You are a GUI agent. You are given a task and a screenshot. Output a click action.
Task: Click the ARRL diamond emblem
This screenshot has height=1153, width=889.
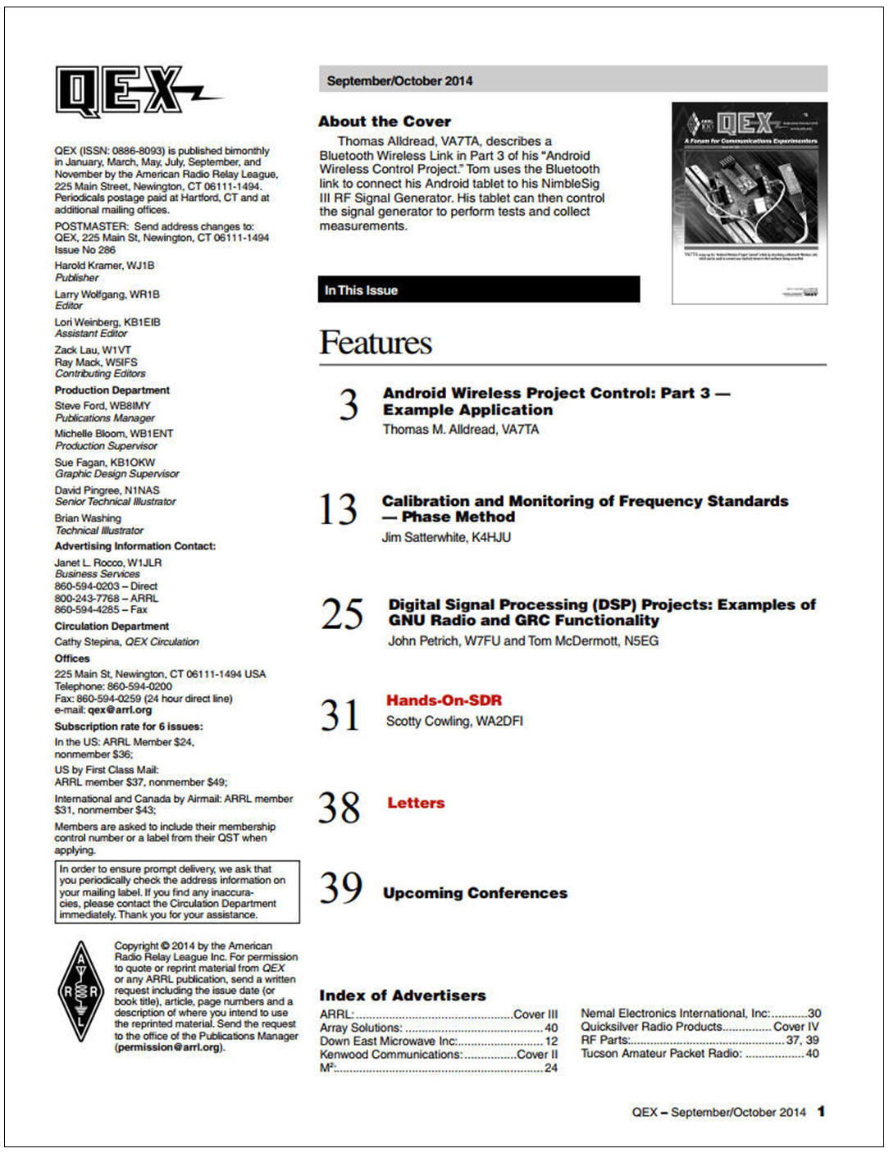tap(80, 991)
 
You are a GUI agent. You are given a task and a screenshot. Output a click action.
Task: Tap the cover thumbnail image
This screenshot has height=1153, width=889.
tap(749, 203)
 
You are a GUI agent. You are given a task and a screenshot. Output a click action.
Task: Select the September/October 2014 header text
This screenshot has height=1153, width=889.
tap(399, 80)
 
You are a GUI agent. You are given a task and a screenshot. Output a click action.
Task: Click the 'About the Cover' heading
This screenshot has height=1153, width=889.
tap(385, 121)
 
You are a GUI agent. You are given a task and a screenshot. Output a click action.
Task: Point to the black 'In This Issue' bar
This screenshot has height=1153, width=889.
tap(478, 289)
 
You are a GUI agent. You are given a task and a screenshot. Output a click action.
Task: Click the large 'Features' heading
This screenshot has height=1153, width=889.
tap(376, 343)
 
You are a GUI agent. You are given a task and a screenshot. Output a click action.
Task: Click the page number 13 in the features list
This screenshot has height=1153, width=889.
tap(338, 509)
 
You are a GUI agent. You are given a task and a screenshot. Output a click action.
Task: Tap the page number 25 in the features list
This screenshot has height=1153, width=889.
tap(341, 614)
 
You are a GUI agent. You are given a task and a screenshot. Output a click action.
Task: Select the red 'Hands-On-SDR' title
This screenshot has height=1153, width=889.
tap(444, 700)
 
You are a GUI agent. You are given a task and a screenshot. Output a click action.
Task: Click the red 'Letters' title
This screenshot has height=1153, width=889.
tap(416, 803)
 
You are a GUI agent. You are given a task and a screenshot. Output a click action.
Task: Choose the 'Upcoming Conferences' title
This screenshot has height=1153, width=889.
tap(475, 893)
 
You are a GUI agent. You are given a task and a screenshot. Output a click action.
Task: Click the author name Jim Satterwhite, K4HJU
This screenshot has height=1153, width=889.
tap(446, 538)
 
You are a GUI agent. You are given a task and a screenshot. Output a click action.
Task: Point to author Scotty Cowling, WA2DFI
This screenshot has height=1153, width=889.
tap(454, 722)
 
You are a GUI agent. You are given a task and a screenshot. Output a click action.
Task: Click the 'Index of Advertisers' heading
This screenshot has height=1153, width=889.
tap(402, 996)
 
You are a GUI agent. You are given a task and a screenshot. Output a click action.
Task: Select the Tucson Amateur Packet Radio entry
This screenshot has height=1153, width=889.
tap(699, 1054)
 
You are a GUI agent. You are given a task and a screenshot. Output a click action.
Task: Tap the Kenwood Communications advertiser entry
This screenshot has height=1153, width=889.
tap(438, 1055)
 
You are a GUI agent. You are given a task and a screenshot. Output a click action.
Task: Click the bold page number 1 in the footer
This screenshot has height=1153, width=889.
tap(821, 1112)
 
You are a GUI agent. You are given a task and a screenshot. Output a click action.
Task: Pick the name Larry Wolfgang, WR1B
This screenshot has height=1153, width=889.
tap(107, 294)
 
